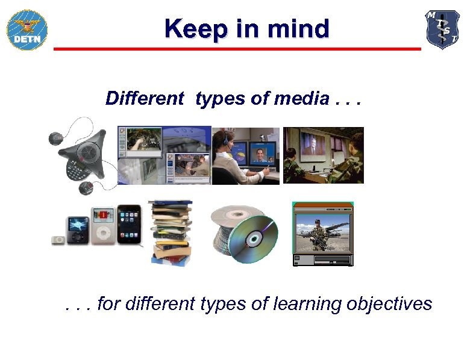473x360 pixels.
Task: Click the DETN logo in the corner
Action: [27, 29]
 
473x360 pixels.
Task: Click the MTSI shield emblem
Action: [442, 29]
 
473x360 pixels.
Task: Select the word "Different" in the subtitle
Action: [144, 98]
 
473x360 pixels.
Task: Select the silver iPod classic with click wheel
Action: [103, 226]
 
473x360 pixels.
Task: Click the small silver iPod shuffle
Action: [58, 239]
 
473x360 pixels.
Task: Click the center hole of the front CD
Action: [254, 239]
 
